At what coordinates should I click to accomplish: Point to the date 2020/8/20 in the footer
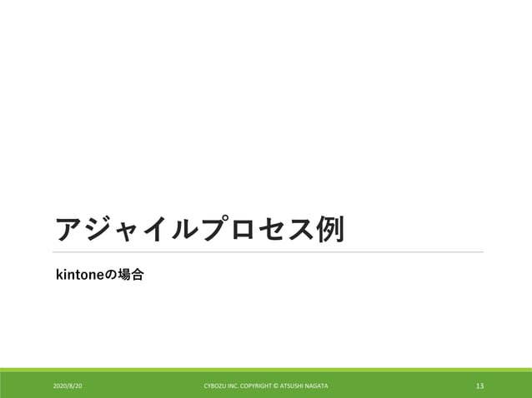point(68,386)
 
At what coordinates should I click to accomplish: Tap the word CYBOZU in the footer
point(215,386)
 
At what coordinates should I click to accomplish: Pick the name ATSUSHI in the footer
point(297,386)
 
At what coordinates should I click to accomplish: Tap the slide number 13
point(479,386)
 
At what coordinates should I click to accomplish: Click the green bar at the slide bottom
point(266,370)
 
